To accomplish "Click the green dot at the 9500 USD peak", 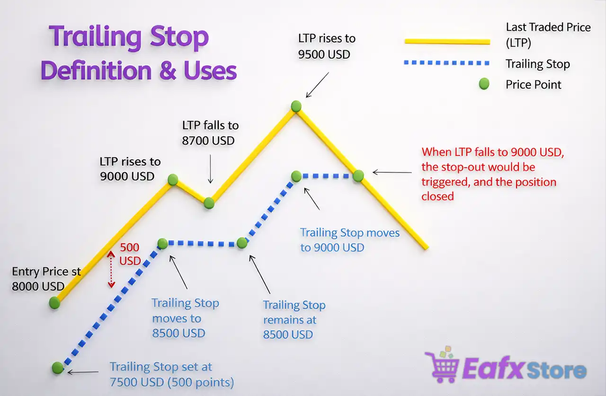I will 296,106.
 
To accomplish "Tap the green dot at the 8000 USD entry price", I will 55,303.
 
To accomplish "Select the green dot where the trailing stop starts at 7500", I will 58,368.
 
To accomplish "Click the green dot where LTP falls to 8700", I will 209,203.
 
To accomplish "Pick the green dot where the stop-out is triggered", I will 358,176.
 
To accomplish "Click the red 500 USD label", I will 130,254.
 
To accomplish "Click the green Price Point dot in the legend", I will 483,85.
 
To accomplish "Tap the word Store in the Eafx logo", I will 556,370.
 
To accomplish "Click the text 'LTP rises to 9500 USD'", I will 326,46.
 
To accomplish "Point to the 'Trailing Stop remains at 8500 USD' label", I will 294,320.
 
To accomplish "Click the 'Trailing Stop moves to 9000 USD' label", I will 349,240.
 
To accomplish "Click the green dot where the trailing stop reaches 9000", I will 296,176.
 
